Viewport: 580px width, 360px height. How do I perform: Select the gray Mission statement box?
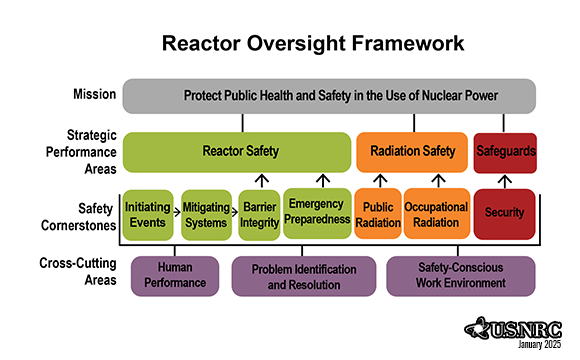click(x=330, y=96)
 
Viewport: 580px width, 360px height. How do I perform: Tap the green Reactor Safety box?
click(x=235, y=152)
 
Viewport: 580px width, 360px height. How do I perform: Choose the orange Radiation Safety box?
click(x=412, y=152)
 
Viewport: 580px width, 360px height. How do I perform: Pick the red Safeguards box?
click(x=504, y=152)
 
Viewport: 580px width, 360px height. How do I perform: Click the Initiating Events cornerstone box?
click(x=148, y=213)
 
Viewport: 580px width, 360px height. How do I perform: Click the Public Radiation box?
click(x=377, y=213)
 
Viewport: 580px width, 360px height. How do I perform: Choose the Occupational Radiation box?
click(x=435, y=213)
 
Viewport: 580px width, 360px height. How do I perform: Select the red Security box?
click(x=504, y=213)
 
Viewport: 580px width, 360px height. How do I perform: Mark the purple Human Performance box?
click(x=177, y=276)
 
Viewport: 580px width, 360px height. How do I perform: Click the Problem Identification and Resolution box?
click(x=304, y=276)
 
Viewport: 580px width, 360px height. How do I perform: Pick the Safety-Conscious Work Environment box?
click(x=460, y=276)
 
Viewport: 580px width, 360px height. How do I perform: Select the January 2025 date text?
click(x=538, y=345)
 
